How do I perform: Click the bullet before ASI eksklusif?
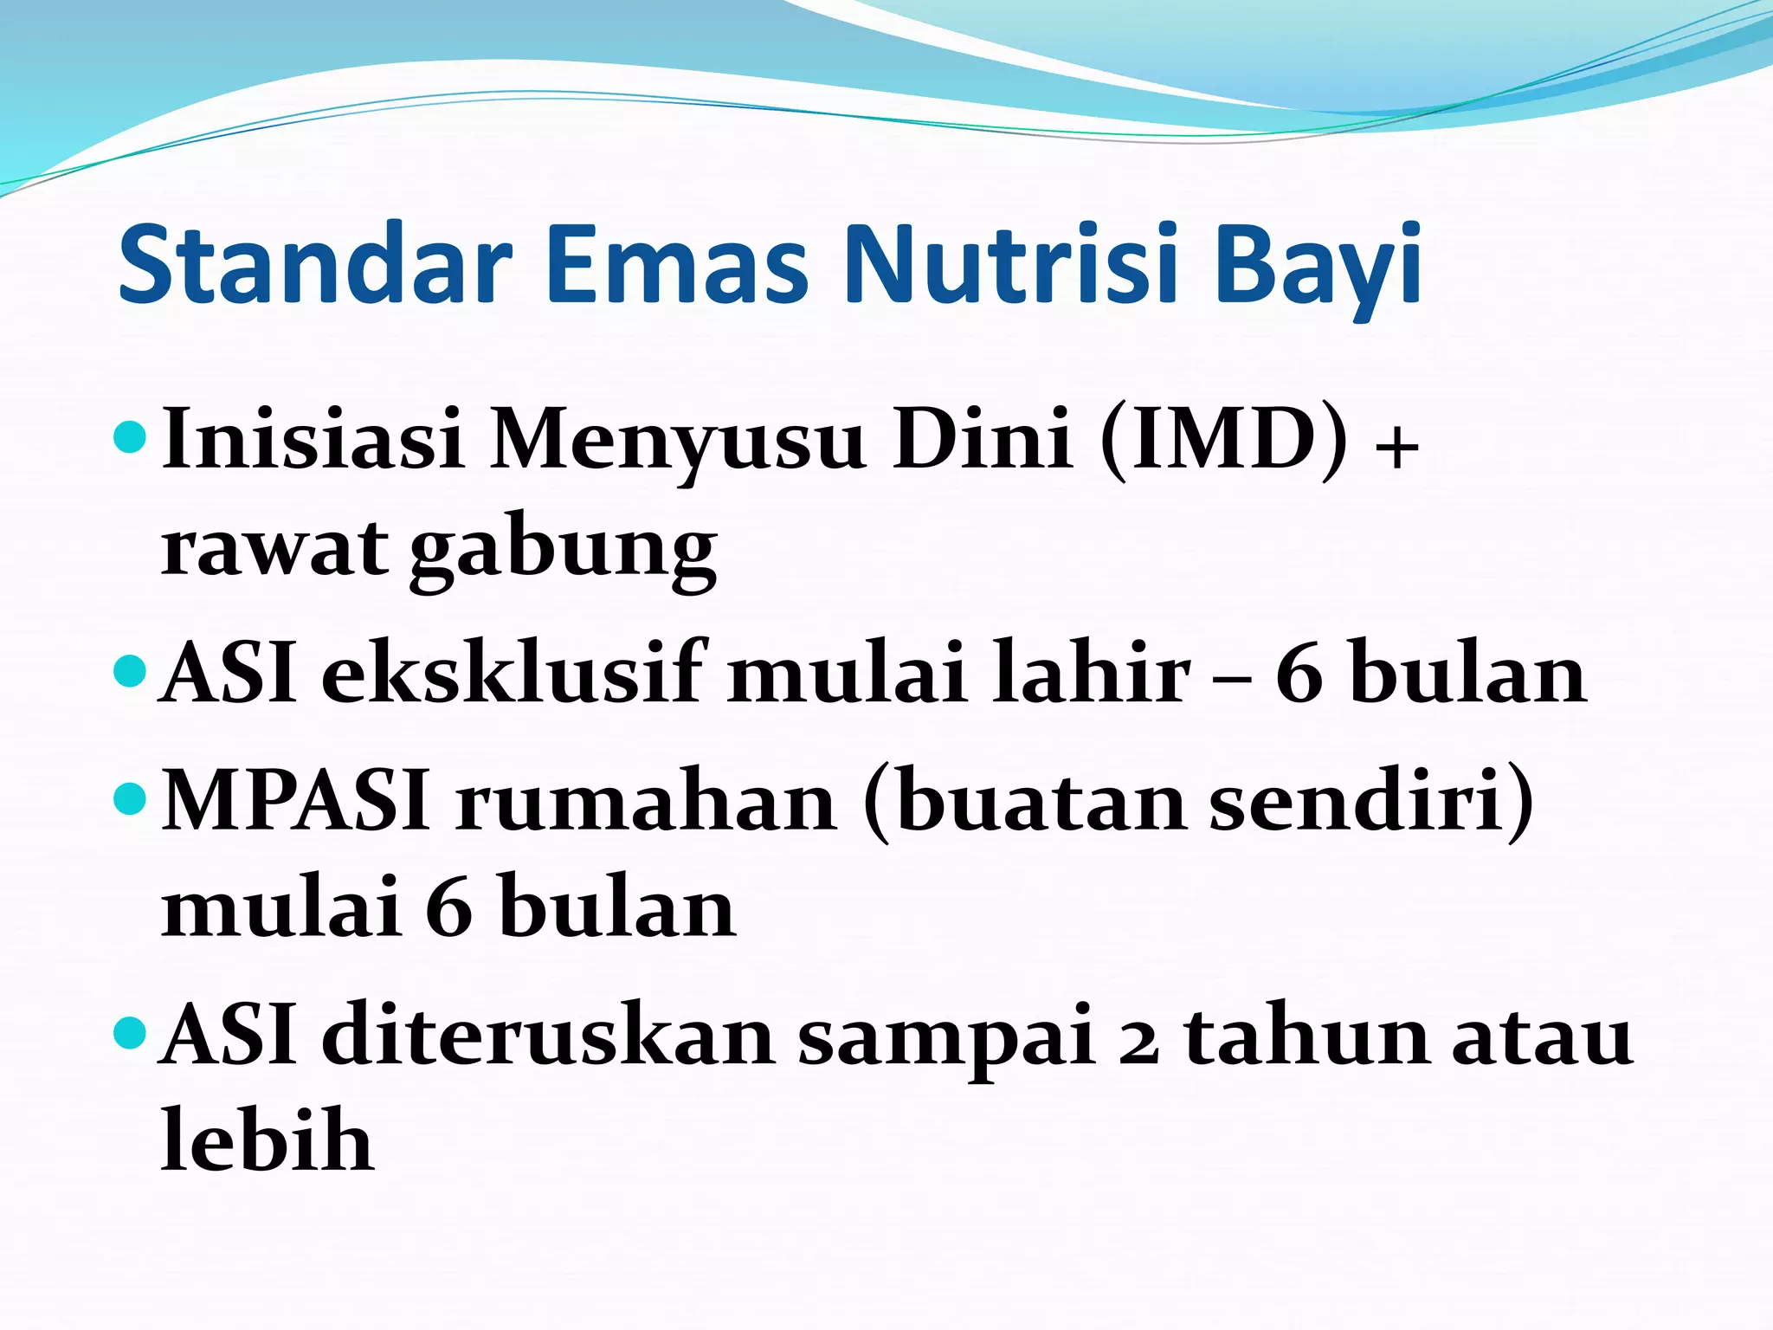[x=131, y=670]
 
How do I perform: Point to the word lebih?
[x=268, y=1140]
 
